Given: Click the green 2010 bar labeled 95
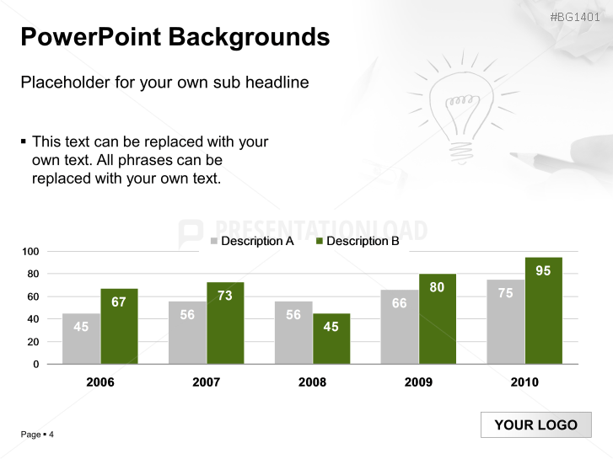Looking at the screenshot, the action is [543, 311].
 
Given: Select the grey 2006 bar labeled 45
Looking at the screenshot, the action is [81, 339].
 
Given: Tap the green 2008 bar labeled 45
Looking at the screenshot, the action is [331, 339].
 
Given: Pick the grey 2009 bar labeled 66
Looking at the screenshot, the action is [399, 327].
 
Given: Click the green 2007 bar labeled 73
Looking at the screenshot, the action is [225, 323].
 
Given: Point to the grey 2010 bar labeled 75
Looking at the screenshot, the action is [505, 322].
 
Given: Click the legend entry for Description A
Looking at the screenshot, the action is [252, 241].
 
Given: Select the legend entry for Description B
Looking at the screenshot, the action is [358, 241].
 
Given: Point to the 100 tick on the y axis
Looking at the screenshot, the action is [30, 252].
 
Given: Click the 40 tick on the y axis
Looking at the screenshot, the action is [33, 319].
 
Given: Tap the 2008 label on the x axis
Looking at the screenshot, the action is [312, 382].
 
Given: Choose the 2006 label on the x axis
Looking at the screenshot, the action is [100, 382].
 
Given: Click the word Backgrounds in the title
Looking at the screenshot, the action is [249, 38].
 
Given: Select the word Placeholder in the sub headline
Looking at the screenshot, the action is [65, 83].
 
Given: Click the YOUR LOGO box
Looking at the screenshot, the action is [536, 424].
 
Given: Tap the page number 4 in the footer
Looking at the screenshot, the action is [51, 435].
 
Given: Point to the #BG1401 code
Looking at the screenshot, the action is [575, 17].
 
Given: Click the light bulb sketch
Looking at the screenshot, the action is [461, 109].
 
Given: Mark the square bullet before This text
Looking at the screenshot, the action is [23, 141].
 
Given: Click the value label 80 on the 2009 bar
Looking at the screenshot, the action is [437, 287].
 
